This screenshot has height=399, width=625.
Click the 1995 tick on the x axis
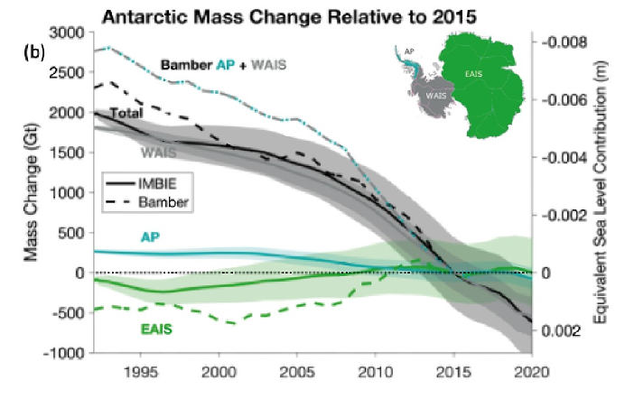(139, 373)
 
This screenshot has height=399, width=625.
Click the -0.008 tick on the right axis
(564, 42)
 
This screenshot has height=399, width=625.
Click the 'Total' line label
(125, 113)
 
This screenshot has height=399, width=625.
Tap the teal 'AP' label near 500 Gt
(152, 236)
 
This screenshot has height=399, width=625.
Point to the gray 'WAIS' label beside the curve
(157, 153)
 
